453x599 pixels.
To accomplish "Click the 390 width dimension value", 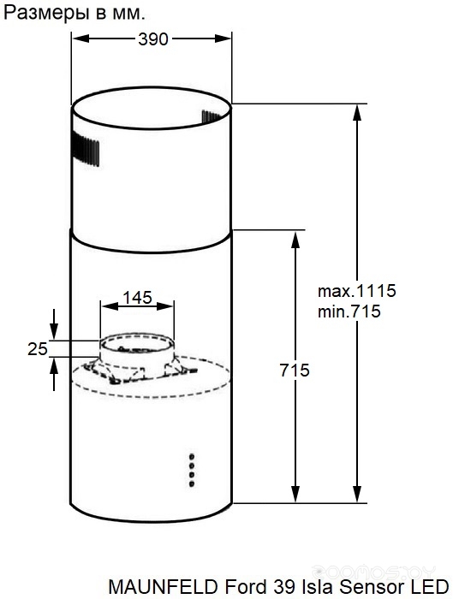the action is click(x=153, y=39).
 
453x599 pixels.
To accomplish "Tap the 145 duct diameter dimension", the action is click(x=137, y=297).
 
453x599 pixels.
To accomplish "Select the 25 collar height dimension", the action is click(x=38, y=349).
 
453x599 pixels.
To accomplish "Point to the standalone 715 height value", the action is click(x=295, y=371).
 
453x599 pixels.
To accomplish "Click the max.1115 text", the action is click(x=357, y=291).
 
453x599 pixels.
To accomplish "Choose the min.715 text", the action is click(x=349, y=311).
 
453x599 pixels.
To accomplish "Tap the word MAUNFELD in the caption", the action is click(x=164, y=586).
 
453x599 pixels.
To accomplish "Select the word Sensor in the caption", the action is click(x=367, y=586).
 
